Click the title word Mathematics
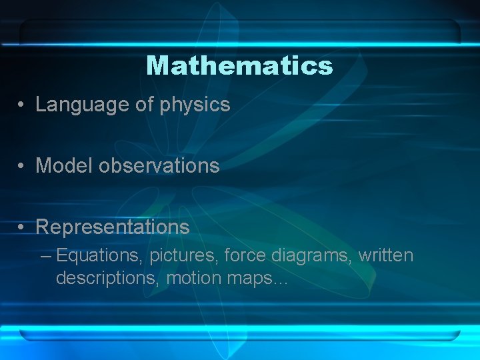point(239,65)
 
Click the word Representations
point(112,227)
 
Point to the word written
point(386,255)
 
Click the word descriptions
point(107,277)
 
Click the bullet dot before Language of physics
point(22,105)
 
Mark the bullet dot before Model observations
point(22,166)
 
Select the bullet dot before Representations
point(22,227)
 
